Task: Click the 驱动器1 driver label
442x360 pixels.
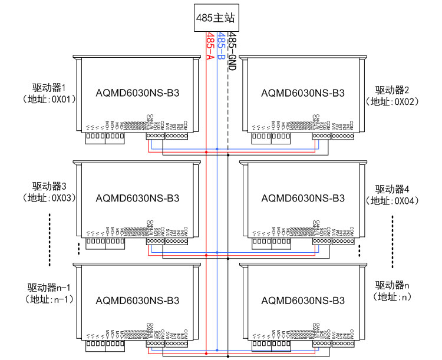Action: pyautogui.click(x=54, y=88)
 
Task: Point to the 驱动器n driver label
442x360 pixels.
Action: pyautogui.click(x=392, y=285)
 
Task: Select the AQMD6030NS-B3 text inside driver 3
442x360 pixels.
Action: pyautogui.click(x=137, y=199)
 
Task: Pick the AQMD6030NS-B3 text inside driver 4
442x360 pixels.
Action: pyautogui.click(x=302, y=199)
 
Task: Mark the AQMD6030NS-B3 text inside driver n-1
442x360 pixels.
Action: pyautogui.click(x=137, y=301)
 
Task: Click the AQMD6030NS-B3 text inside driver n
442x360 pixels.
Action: pyautogui.click(x=302, y=301)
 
